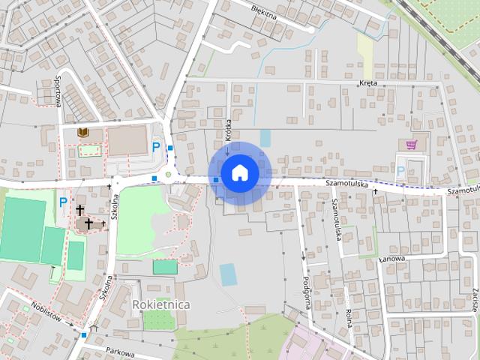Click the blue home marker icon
[x=239, y=172]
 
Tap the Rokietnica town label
[x=160, y=304]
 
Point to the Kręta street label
[x=367, y=83]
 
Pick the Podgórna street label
[x=306, y=290]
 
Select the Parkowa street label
[x=119, y=352]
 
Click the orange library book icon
[x=83, y=133]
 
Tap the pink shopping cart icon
[x=411, y=144]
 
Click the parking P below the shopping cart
[x=400, y=171]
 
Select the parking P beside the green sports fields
[x=63, y=202]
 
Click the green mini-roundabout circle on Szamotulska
[x=168, y=175]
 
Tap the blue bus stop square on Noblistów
[x=84, y=334]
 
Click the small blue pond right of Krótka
[x=265, y=138]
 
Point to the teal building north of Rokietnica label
[x=165, y=266]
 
